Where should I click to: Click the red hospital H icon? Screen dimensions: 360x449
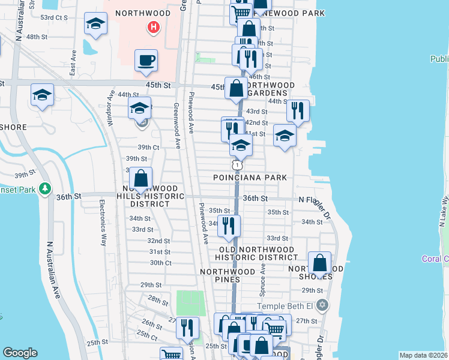[x=154, y=27]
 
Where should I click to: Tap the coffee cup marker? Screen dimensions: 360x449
[x=146, y=61]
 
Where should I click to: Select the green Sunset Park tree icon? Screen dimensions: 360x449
[x=44, y=189]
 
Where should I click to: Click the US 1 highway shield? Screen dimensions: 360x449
[x=238, y=164]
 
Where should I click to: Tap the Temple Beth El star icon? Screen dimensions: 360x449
[x=322, y=305]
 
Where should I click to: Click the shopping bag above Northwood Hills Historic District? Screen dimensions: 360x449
[x=140, y=178]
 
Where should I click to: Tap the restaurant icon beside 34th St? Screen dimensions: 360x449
[x=228, y=226]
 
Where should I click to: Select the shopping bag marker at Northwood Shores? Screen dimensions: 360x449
[x=320, y=262]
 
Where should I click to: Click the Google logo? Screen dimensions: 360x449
[x=20, y=353]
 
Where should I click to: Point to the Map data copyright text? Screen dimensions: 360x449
[x=423, y=355]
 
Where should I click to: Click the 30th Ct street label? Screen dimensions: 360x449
[x=160, y=263]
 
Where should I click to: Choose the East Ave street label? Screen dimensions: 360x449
[x=73, y=63]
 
